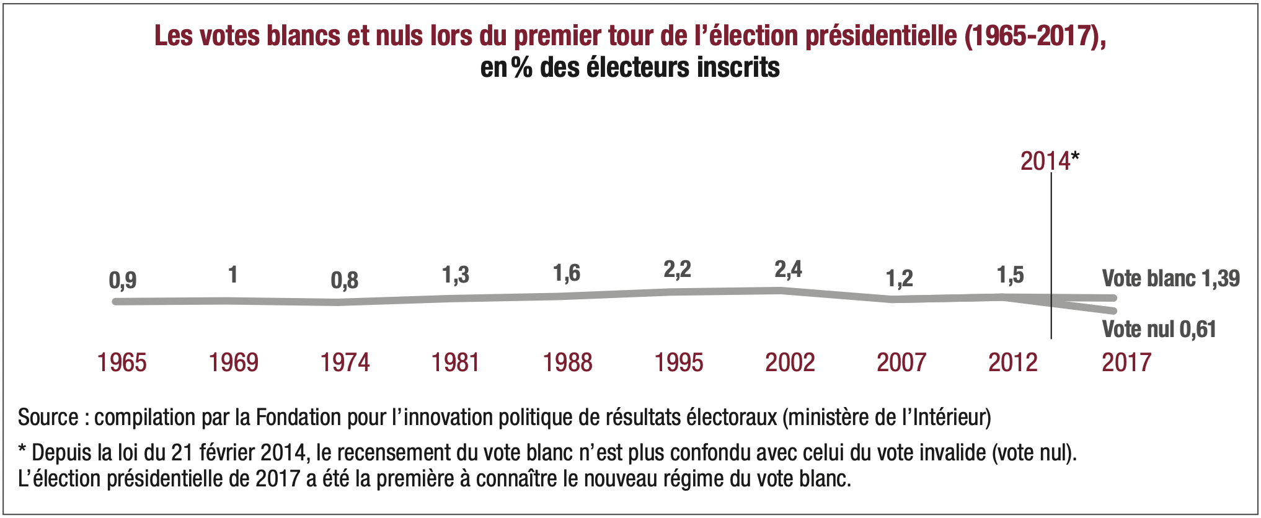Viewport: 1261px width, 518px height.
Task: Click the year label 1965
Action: (122, 362)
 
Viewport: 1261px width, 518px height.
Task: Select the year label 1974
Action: (345, 362)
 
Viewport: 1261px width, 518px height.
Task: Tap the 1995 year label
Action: (679, 362)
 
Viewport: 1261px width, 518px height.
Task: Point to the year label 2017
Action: (1126, 362)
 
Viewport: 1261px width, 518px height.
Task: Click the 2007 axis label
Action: (901, 362)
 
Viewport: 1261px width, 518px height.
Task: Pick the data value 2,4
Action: (788, 270)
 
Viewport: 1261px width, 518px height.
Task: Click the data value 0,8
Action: (345, 281)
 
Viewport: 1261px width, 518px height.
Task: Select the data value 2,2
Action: (677, 270)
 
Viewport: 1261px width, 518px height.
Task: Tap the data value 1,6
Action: (567, 273)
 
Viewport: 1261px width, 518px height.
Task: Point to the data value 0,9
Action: (123, 281)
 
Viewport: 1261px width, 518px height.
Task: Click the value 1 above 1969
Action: (233, 274)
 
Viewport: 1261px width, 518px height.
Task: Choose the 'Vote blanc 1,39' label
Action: (1170, 279)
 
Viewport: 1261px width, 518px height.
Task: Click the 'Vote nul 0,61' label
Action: (1159, 329)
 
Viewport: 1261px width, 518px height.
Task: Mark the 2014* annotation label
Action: (1049, 161)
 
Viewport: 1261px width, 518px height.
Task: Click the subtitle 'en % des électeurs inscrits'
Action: (630, 68)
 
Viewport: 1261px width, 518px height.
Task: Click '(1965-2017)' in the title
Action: (1035, 36)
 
